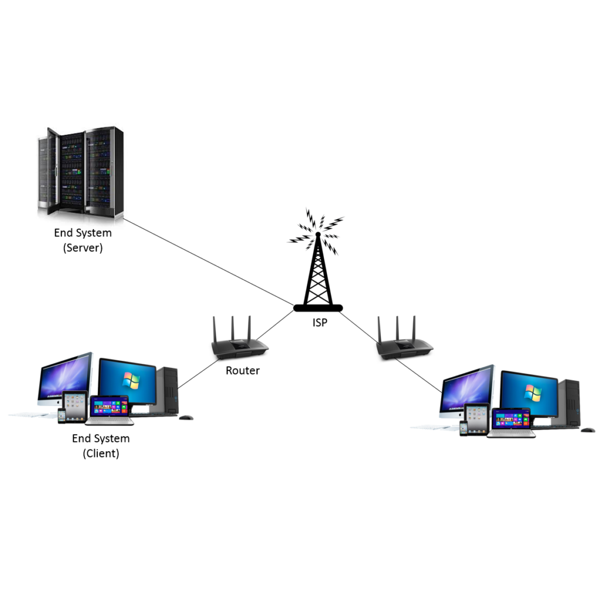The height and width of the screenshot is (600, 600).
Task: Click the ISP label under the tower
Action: click(319, 321)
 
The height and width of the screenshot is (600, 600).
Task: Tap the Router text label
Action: click(242, 370)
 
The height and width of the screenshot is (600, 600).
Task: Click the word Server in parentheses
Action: click(83, 247)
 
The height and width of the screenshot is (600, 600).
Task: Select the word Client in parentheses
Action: click(101, 453)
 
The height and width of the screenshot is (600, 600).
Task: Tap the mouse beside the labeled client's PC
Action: click(186, 417)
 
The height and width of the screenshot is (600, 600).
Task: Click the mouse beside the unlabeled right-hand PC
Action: click(587, 430)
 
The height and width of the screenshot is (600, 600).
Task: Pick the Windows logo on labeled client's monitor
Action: click(131, 381)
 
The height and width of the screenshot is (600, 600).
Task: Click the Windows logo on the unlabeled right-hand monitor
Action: click(532, 393)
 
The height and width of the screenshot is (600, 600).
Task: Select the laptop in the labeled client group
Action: click(110, 410)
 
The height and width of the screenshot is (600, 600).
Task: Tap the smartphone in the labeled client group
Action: click(62, 416)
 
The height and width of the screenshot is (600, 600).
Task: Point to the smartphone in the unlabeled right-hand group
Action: click(463, 428)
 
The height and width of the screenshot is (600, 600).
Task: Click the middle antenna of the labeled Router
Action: click(233, 328)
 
